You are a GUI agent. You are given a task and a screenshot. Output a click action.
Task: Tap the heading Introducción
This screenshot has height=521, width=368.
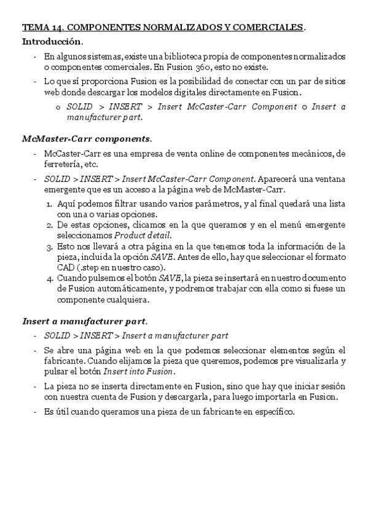[52, 42]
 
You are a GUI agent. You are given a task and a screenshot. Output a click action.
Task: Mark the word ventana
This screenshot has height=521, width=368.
[328, 179]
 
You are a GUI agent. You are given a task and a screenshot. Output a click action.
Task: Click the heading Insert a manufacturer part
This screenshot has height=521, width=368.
[84, 321]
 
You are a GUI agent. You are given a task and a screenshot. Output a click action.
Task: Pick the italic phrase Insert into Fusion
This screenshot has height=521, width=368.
[139, 372]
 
